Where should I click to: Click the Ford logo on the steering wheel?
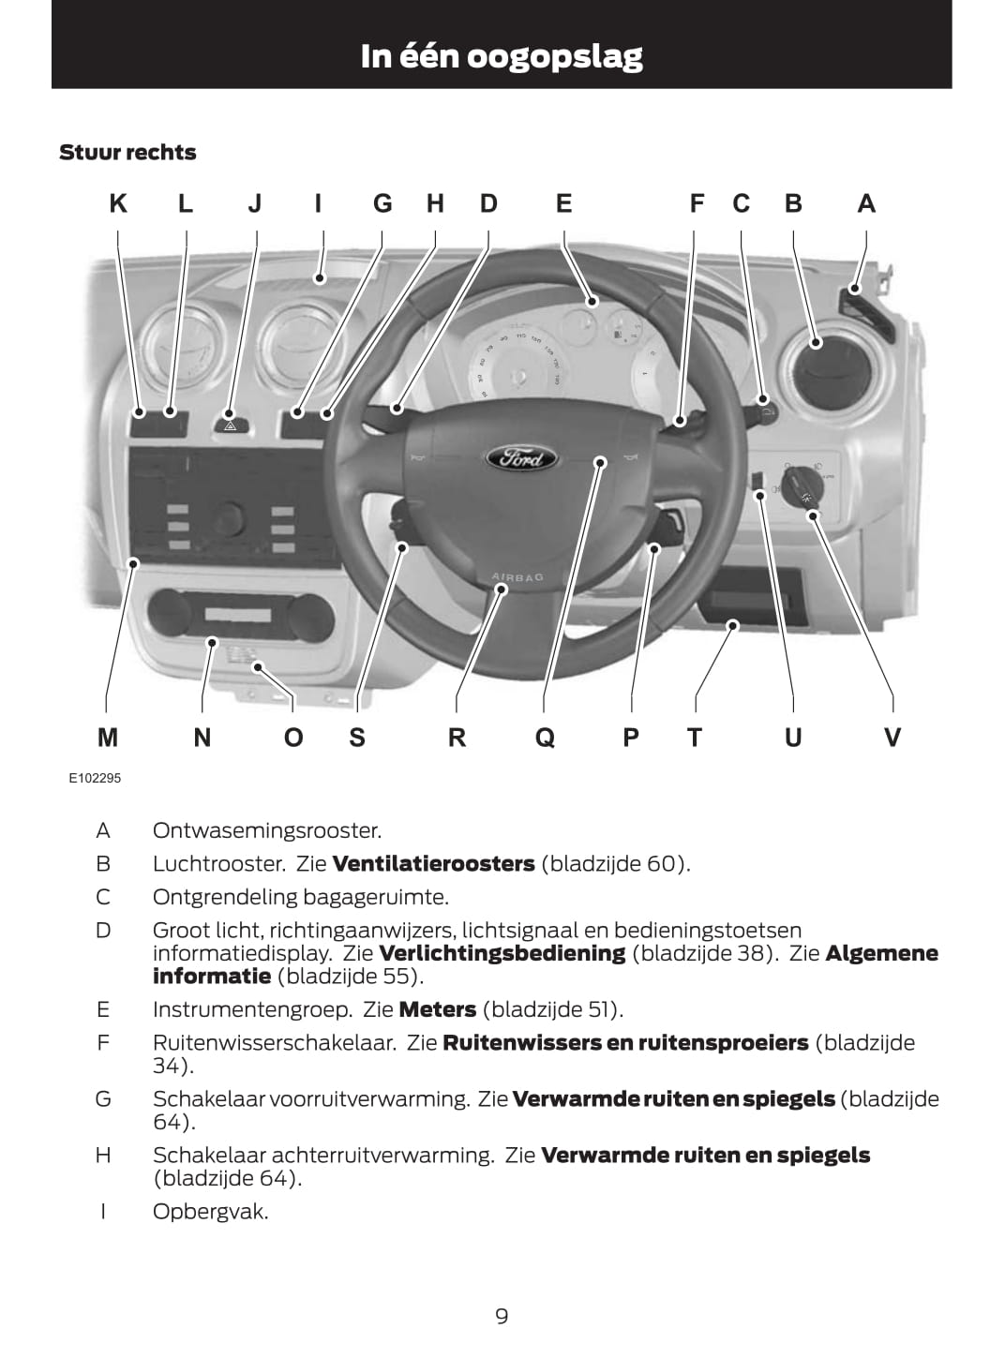[521, 458]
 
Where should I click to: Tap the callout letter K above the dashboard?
[118, 203]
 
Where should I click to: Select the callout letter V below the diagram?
[892, 738]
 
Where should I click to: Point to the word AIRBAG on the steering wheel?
[517, 577]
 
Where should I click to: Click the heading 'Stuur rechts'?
[127, 153]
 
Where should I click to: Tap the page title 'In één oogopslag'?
[502, 56]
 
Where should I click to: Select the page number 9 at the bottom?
[502, 1316]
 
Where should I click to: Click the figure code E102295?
[95, 778]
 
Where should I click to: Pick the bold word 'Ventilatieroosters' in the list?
[433, 863]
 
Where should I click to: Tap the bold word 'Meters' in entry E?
[438, 1009]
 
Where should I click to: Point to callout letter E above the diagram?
[563, 203]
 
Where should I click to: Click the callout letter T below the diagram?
[694, 738]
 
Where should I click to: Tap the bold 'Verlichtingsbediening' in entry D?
[502, 953]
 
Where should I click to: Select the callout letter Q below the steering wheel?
[545, 738]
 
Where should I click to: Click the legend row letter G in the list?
[103, 1098]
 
